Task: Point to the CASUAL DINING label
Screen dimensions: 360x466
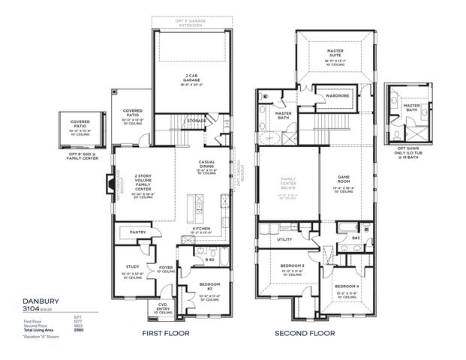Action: click(206, 165)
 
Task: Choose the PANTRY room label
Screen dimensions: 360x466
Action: click(137, 232)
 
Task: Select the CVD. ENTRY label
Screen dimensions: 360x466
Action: click(163, 307)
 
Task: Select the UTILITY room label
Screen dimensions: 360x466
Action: click(284, 239)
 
